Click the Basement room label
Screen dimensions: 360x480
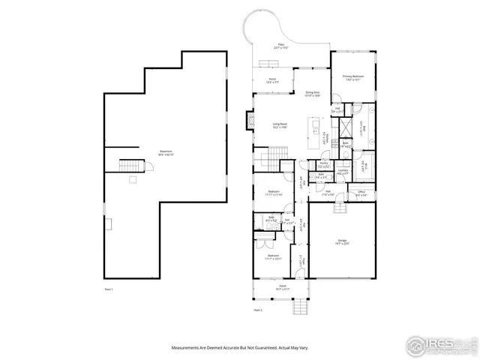point(166,153)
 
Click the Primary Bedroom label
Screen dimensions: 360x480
point(352,77)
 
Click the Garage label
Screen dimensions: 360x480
point(341,241)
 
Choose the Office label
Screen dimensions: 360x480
point(361,193)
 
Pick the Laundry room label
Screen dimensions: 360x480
point(343,172)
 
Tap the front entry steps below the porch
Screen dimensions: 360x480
point(301,305)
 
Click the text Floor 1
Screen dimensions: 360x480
point(109,289)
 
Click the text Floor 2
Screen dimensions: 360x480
point(258,310)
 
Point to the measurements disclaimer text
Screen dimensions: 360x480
point(240,347)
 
